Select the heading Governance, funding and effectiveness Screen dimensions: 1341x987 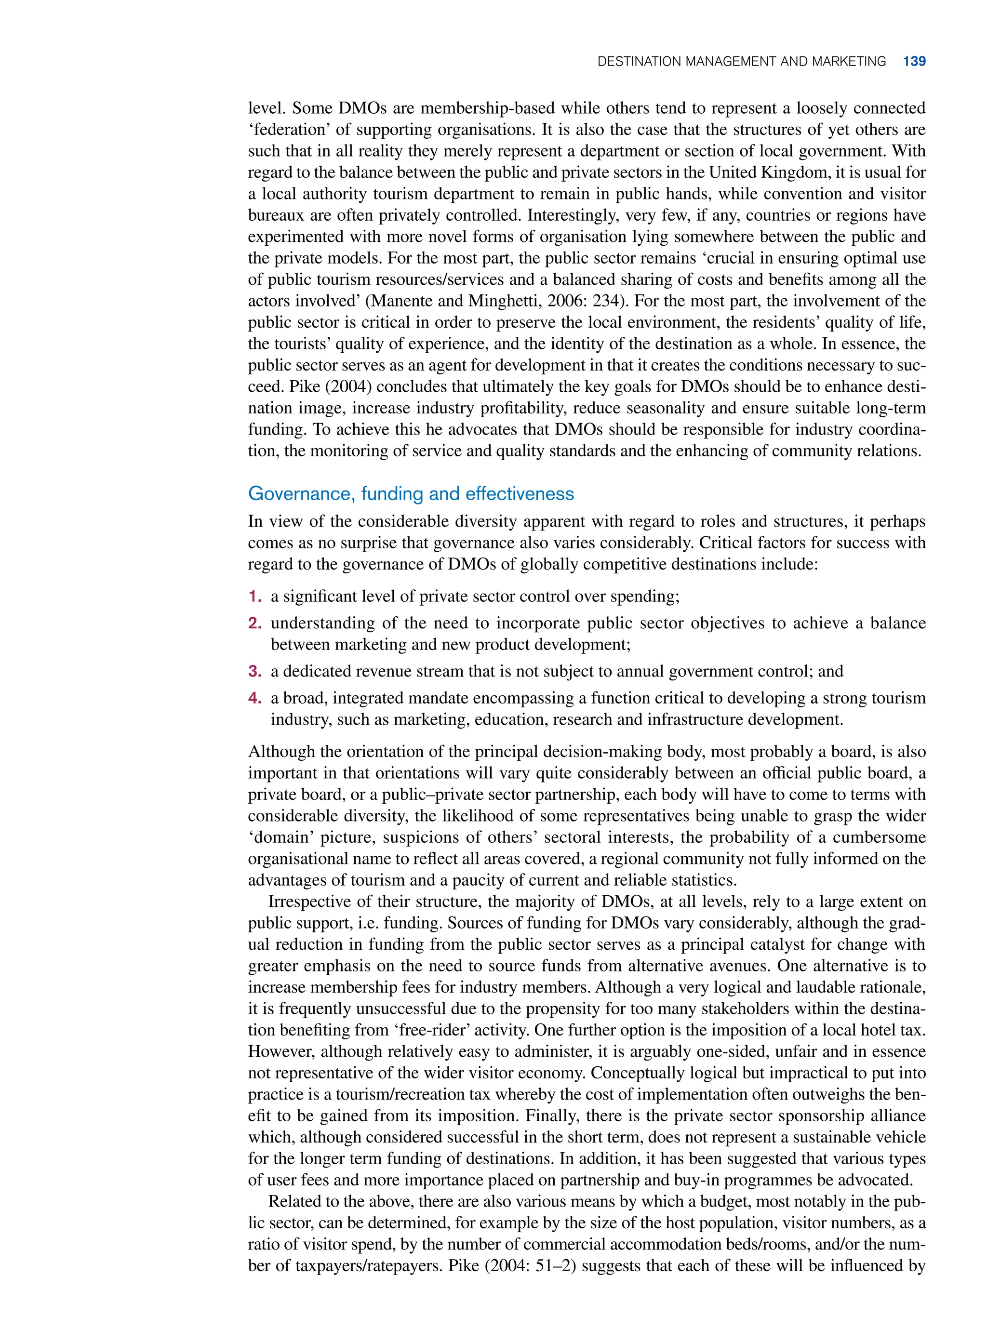[411, 493]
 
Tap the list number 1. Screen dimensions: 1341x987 [254, 596]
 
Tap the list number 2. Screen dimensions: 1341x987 [254, 623]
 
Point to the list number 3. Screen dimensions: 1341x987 [254, 671]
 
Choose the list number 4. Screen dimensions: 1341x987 [254, 698]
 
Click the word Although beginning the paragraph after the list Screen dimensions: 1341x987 [277, 751]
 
